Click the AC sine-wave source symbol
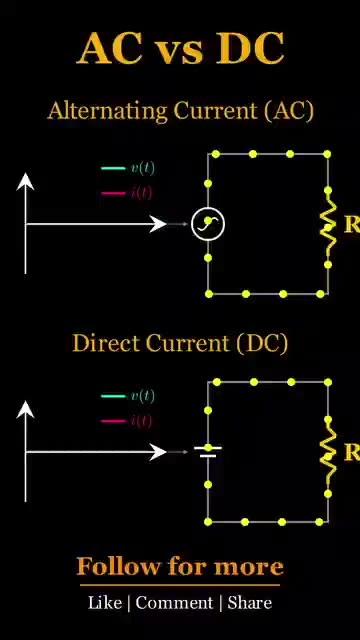(208, 224)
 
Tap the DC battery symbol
(208, 451)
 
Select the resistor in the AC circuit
(328, 224)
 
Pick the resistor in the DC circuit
(328, 452)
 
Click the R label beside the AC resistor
(352, 224)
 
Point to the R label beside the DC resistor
(352, 452)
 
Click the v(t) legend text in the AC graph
(142, 168)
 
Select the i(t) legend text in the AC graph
(142, 192)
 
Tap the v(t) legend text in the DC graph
(142, 396)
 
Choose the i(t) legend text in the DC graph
(142, 420)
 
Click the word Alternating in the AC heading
(107, 111)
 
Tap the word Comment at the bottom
(174, 602)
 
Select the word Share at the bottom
(249, 602)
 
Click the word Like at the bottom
(105, 602)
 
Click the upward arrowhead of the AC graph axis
(25, 181)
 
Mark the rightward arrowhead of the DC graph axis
(158, 452)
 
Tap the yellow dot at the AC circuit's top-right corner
(327, 154)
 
